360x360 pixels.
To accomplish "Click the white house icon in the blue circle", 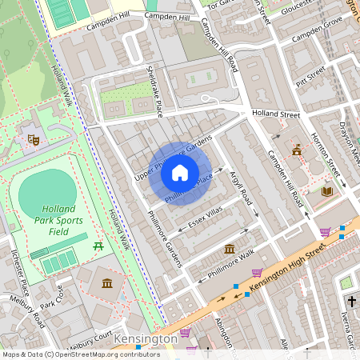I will point(180,173).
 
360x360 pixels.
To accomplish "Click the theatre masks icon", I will point(34,140).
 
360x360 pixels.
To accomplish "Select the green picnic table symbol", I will point(98,246).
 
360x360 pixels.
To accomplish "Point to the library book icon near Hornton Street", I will point(326,192).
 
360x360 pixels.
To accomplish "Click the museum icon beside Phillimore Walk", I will point(230,249).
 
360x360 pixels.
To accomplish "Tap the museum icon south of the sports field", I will point(107,282).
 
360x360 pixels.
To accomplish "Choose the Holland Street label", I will point(276,115).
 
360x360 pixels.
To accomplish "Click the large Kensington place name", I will point(145,339).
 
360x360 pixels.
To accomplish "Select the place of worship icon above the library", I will point(298,150).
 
